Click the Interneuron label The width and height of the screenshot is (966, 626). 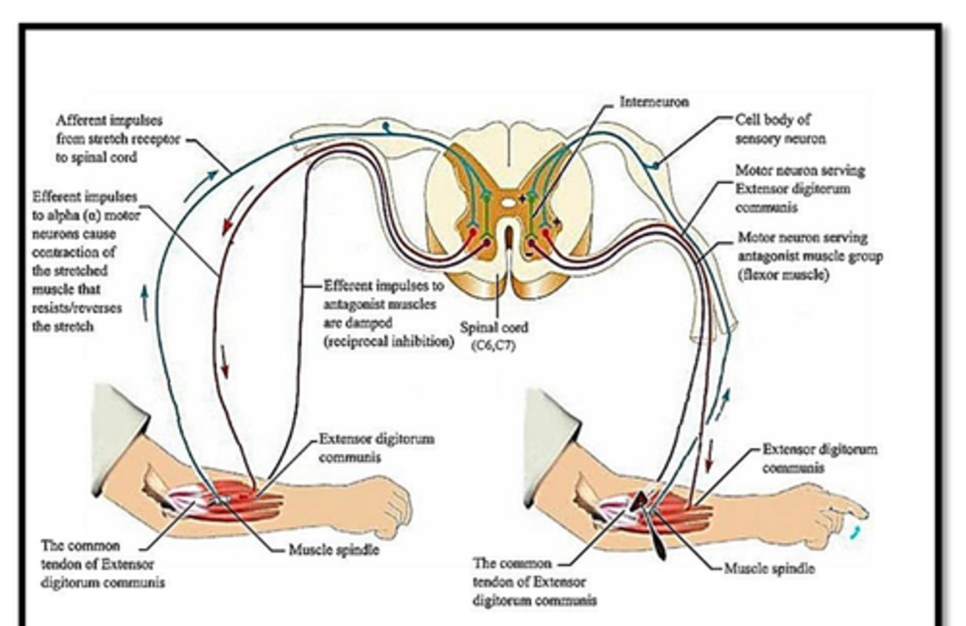click(x=653, y=102)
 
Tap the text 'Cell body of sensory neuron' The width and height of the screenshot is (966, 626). click(x=780, y=129)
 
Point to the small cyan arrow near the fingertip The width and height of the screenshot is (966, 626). click(x=853, y=533)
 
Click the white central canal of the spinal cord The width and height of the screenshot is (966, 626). click(x=509, y=199)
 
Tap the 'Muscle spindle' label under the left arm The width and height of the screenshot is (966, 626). click(x=333, y=550)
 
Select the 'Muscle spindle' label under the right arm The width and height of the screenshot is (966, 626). click(x=769, y=568)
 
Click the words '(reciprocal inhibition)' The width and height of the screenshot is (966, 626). click(x=388, y=341)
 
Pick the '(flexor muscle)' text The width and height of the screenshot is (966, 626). click(x=783, y=274)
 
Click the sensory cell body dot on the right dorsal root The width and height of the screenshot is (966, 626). click(x=655, y=165)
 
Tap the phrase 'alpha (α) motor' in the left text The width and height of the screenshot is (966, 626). click(x=87, y=215)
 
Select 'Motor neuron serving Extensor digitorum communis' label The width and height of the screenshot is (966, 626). click(x=799, y=189)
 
